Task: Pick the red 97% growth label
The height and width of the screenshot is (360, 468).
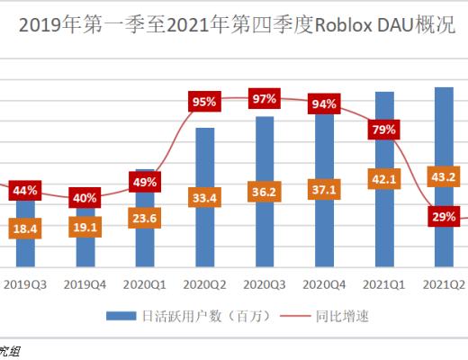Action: click(x=265, y=99)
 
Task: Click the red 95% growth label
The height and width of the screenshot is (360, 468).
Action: click(x=204, y=102)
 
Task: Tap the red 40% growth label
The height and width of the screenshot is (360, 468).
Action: click(x=85, y=198)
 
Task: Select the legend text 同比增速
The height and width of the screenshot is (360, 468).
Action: click(x=341, y=316)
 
